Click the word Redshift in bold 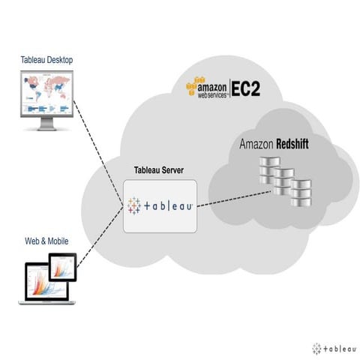(x=293, y=144)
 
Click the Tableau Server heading (x=160, y=172)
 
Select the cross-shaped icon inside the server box (x=135, y=205)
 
